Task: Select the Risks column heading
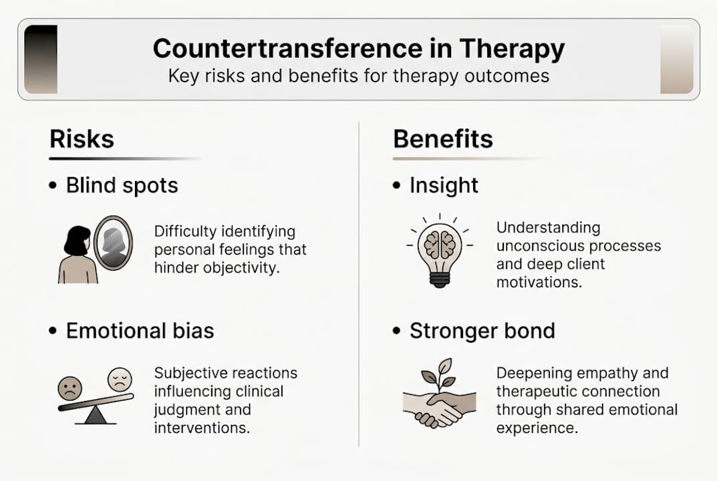[x=82, y=139]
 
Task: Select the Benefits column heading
[x=442, y=139]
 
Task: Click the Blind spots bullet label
[x=122, y=185]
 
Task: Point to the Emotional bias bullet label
[x=140, y=331]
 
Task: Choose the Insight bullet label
[x=444, y=185]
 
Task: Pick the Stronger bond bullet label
[x=482, y=331]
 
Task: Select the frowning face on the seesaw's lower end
[x=70, y=387]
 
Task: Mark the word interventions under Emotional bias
[x=202, y=427]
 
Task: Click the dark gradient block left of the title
[x=40, y=59]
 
